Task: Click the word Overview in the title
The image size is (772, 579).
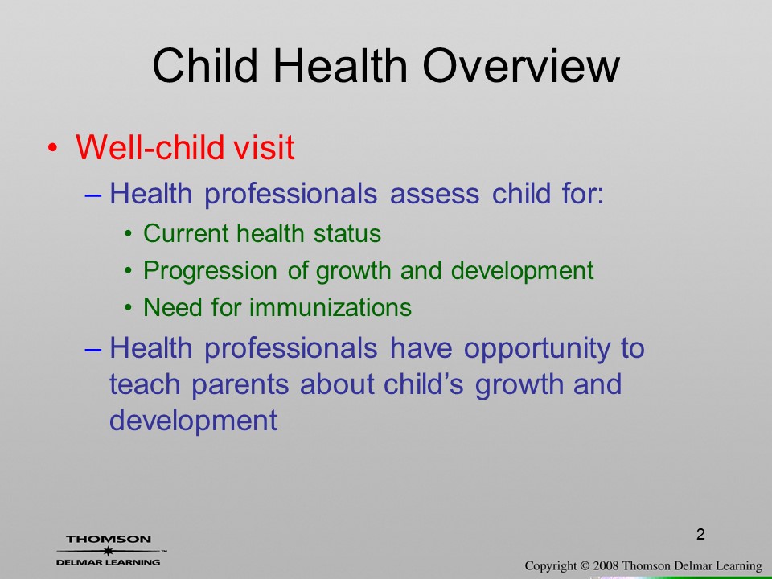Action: tap(521, 66)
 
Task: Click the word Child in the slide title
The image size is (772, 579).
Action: tap(205, 66)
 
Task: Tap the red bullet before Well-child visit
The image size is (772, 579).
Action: tap(53, 148)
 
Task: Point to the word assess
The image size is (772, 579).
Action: tap(434, 194)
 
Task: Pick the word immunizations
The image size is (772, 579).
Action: tap(331, 307)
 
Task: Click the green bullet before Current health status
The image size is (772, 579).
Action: tap(129, 233)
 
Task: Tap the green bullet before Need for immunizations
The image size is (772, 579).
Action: tap(129, 308)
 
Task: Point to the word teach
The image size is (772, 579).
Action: tap(144, 384)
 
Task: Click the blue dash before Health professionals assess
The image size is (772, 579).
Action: tap(93, 195)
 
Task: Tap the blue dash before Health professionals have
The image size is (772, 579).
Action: tap(93, 350)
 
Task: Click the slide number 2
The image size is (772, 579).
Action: tap(700, 534)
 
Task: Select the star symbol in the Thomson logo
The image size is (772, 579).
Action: tap(108, 551)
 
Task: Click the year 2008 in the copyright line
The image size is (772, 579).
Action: tap(605, 565)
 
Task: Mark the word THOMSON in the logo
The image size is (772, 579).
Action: tap(109, 539)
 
